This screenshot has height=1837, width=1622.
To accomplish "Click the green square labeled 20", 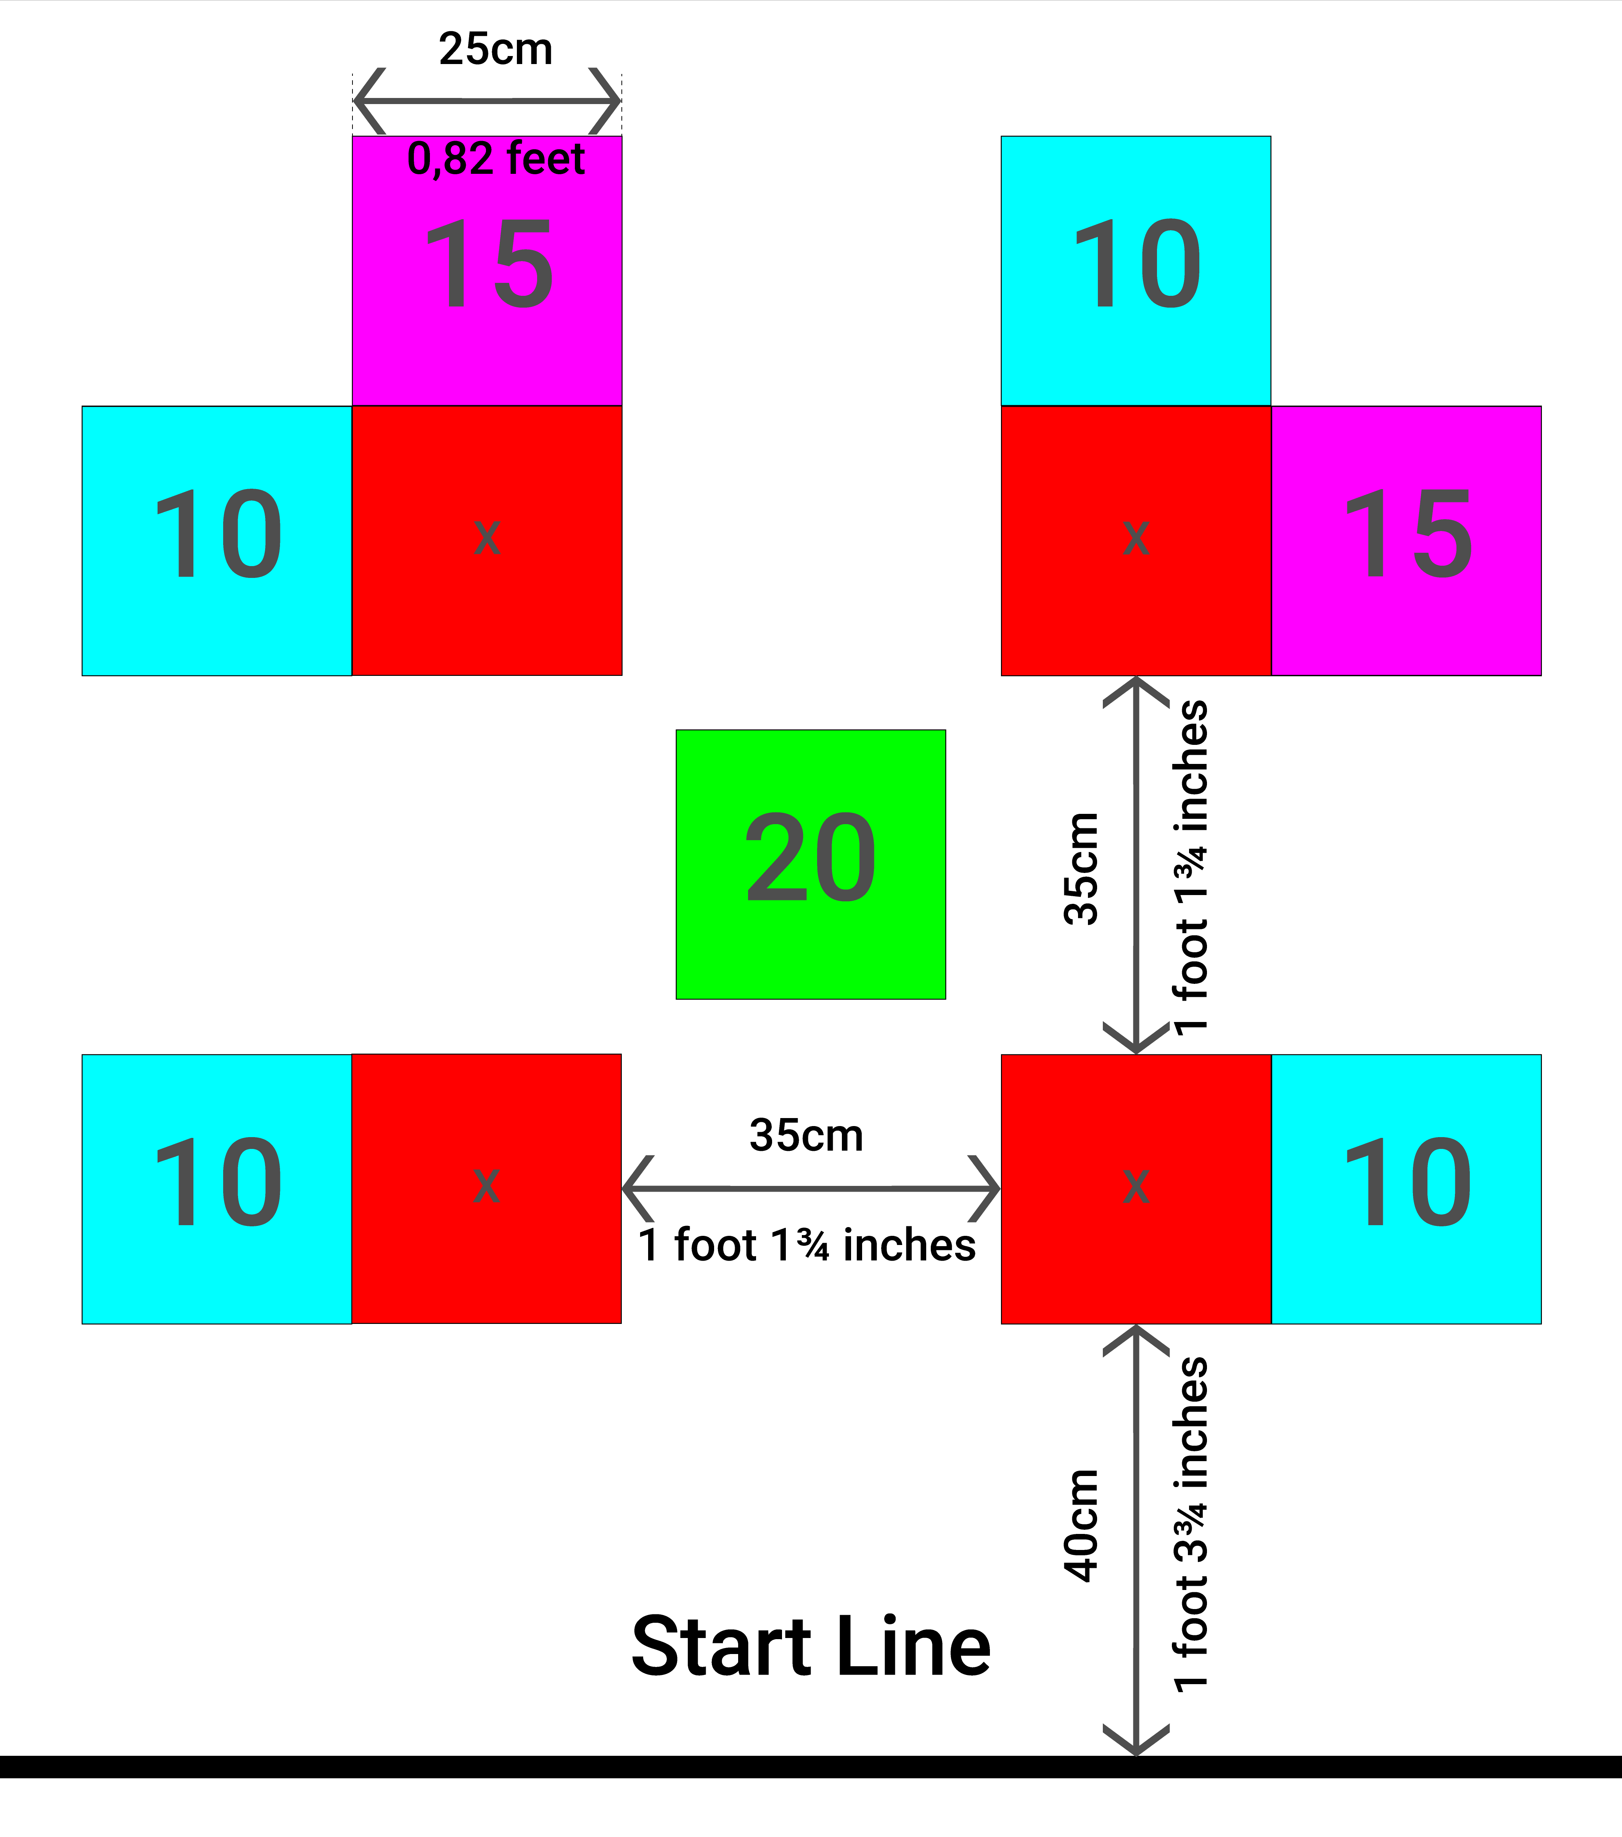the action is point(810,864).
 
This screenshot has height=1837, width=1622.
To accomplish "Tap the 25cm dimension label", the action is point(496,48).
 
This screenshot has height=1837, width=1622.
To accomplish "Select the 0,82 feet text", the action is point(496,159).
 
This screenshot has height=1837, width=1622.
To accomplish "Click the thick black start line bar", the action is point(810,1766).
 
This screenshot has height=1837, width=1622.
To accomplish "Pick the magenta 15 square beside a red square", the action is point(1406,540).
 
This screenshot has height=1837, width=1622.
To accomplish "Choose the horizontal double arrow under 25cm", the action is point(486,101).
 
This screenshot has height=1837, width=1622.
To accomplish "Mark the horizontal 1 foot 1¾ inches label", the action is point(806,1246).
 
